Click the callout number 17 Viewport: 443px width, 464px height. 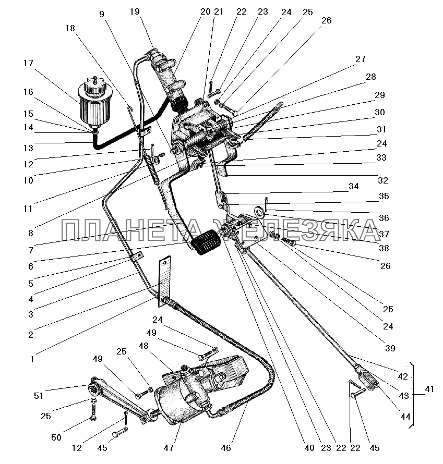coord(28,64)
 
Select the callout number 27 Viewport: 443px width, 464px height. coord(360,59)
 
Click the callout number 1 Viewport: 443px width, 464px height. coord(32,359)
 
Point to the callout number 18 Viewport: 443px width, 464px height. coord(70,29)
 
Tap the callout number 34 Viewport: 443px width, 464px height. coord(354,186)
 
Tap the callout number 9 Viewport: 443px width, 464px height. coord(102,14)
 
